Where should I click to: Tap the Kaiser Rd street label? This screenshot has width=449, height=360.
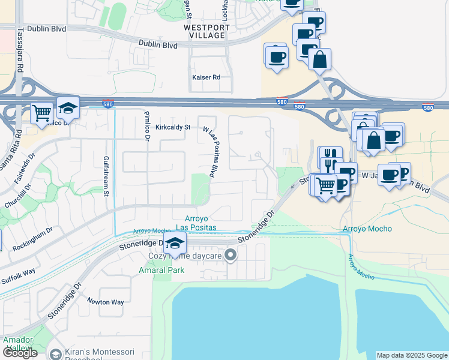(x=206, y=77)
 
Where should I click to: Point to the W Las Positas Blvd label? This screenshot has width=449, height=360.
(x=209, y=151)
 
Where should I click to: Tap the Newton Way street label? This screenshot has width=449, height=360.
(x=105, y=301)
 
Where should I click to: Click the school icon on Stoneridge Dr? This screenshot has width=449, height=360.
(x=175, y=243)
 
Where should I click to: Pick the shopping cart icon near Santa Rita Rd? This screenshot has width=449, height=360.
(x=41, y=112)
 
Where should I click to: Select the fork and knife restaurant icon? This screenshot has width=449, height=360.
(x=330, y=158)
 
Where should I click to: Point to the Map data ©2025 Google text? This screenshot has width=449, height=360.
(x=412, y=355)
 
